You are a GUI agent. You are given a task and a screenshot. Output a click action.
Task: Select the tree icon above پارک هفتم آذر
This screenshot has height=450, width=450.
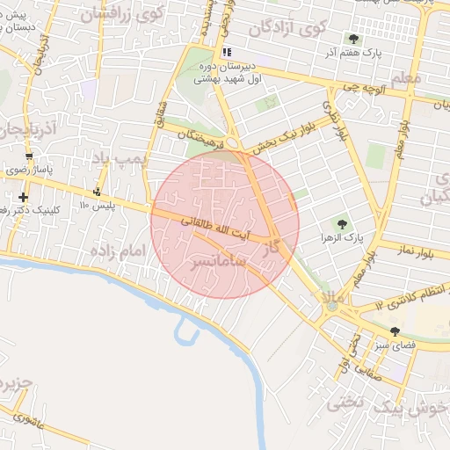(x=353, y=39)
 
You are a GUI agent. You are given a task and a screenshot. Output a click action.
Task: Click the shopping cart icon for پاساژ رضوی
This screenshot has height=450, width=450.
(x=30, y=156)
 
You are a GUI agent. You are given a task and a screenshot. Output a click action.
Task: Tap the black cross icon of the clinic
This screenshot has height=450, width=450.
(x=22, y=197)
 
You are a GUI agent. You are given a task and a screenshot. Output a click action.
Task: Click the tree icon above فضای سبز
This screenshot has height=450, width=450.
(x=395, y=332)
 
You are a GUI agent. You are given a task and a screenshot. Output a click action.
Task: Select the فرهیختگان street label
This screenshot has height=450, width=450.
(x=209, y=136)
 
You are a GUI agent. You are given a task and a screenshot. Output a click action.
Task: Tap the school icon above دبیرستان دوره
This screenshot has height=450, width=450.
(x=227, y=52)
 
